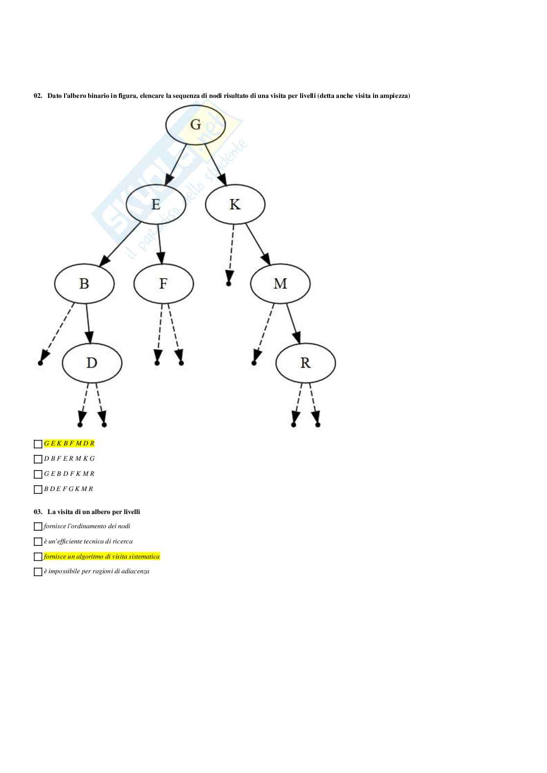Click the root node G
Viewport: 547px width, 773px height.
195,124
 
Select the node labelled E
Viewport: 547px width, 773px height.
156,204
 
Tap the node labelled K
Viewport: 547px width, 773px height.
235,204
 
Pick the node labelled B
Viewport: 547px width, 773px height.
84,283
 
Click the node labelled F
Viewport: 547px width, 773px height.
163,283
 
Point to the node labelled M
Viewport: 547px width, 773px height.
280,283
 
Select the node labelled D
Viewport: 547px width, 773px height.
92,363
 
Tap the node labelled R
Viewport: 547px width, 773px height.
306,363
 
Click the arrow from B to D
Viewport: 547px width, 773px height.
88,323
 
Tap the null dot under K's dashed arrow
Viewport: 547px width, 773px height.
228,283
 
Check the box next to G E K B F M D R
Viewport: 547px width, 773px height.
38,444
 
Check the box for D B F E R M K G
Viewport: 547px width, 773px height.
38,459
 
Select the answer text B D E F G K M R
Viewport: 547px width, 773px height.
69,489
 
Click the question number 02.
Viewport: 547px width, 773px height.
38,95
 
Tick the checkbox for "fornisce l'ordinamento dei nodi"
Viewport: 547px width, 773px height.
38,526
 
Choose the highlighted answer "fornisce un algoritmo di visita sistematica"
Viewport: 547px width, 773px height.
102,557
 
